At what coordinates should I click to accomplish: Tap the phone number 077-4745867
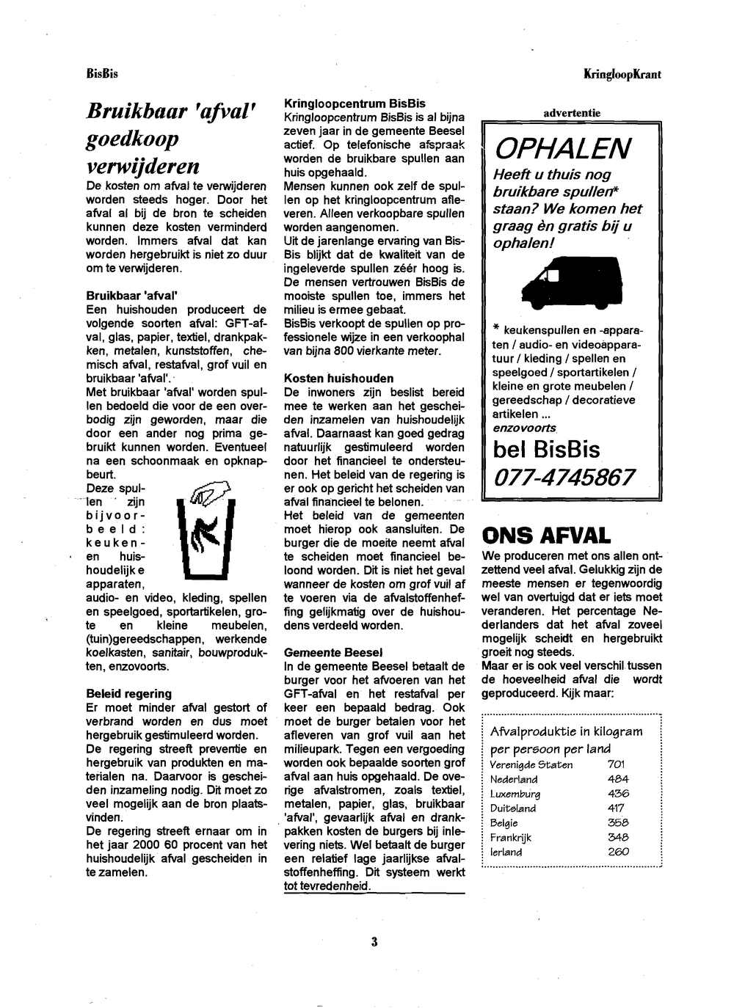(564, 478)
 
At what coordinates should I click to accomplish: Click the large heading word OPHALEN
(562, 149)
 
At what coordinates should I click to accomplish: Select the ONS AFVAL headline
(546, 536)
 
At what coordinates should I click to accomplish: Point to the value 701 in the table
(617, 764)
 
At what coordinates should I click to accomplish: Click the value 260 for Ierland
(618, 852)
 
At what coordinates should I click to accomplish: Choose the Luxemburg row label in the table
(515, 794)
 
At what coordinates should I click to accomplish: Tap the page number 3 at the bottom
(374, 942)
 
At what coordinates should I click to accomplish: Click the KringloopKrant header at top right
(622, 74)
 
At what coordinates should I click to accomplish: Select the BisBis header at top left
(102, 74)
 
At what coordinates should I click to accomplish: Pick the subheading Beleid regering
(128, 693)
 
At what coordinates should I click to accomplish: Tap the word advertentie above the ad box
(572, 113)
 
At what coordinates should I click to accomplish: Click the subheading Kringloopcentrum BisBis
(355, 103)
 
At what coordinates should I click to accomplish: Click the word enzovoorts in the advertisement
(524, 427)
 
